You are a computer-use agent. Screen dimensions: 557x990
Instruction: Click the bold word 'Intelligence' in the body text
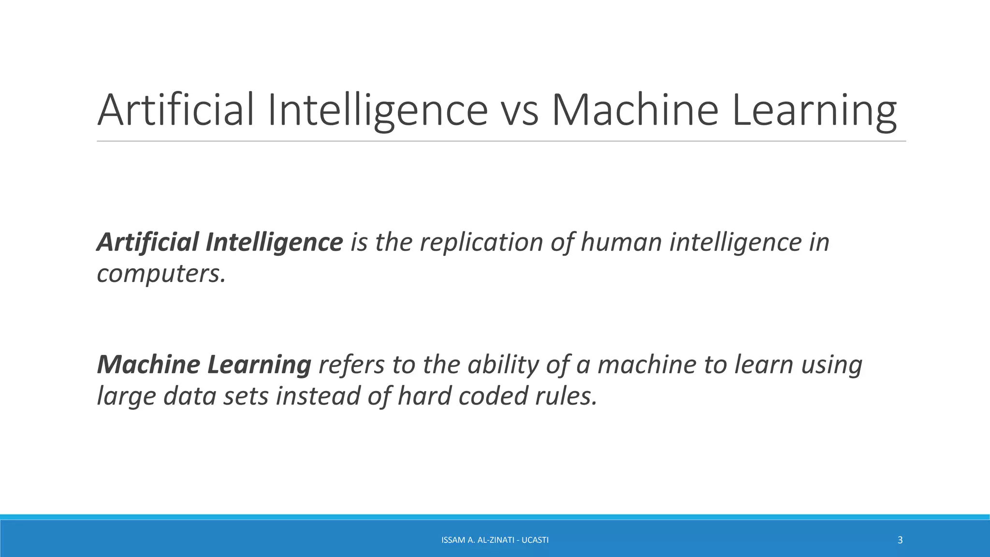pos(274,242)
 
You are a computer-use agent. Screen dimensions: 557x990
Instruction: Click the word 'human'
pos(621,242)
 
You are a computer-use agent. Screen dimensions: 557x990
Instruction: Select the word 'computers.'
pos(161,274)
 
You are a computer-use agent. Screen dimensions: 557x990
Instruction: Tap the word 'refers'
pos(351,364)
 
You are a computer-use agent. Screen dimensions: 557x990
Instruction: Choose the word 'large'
pos(126,396)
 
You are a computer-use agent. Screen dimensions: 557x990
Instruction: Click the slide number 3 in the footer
pos(900,540)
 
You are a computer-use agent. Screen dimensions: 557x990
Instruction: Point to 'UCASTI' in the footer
pos(535,540)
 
